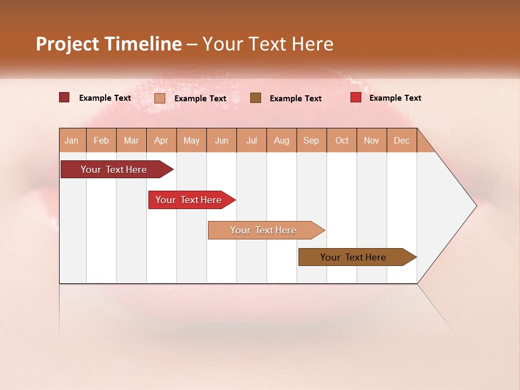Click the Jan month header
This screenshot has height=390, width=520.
tap(71, 140)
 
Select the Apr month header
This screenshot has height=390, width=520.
tap(161, 140)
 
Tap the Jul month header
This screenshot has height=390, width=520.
tap(251, 140)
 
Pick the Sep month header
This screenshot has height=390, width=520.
tap(311, 140)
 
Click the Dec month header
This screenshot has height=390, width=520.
tap(401, 140)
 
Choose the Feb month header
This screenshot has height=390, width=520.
tap(101, 140)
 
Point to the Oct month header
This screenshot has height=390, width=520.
tap(342, 140)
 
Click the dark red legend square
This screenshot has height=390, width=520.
tap(64, 97)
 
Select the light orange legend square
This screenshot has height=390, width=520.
tap(159, 98)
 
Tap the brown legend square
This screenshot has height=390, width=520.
tap(256, 97)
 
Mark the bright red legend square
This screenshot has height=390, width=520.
tap(355, 97)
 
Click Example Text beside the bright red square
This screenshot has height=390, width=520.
tap(395, 98)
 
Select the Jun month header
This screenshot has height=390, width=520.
tap(222, 140)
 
